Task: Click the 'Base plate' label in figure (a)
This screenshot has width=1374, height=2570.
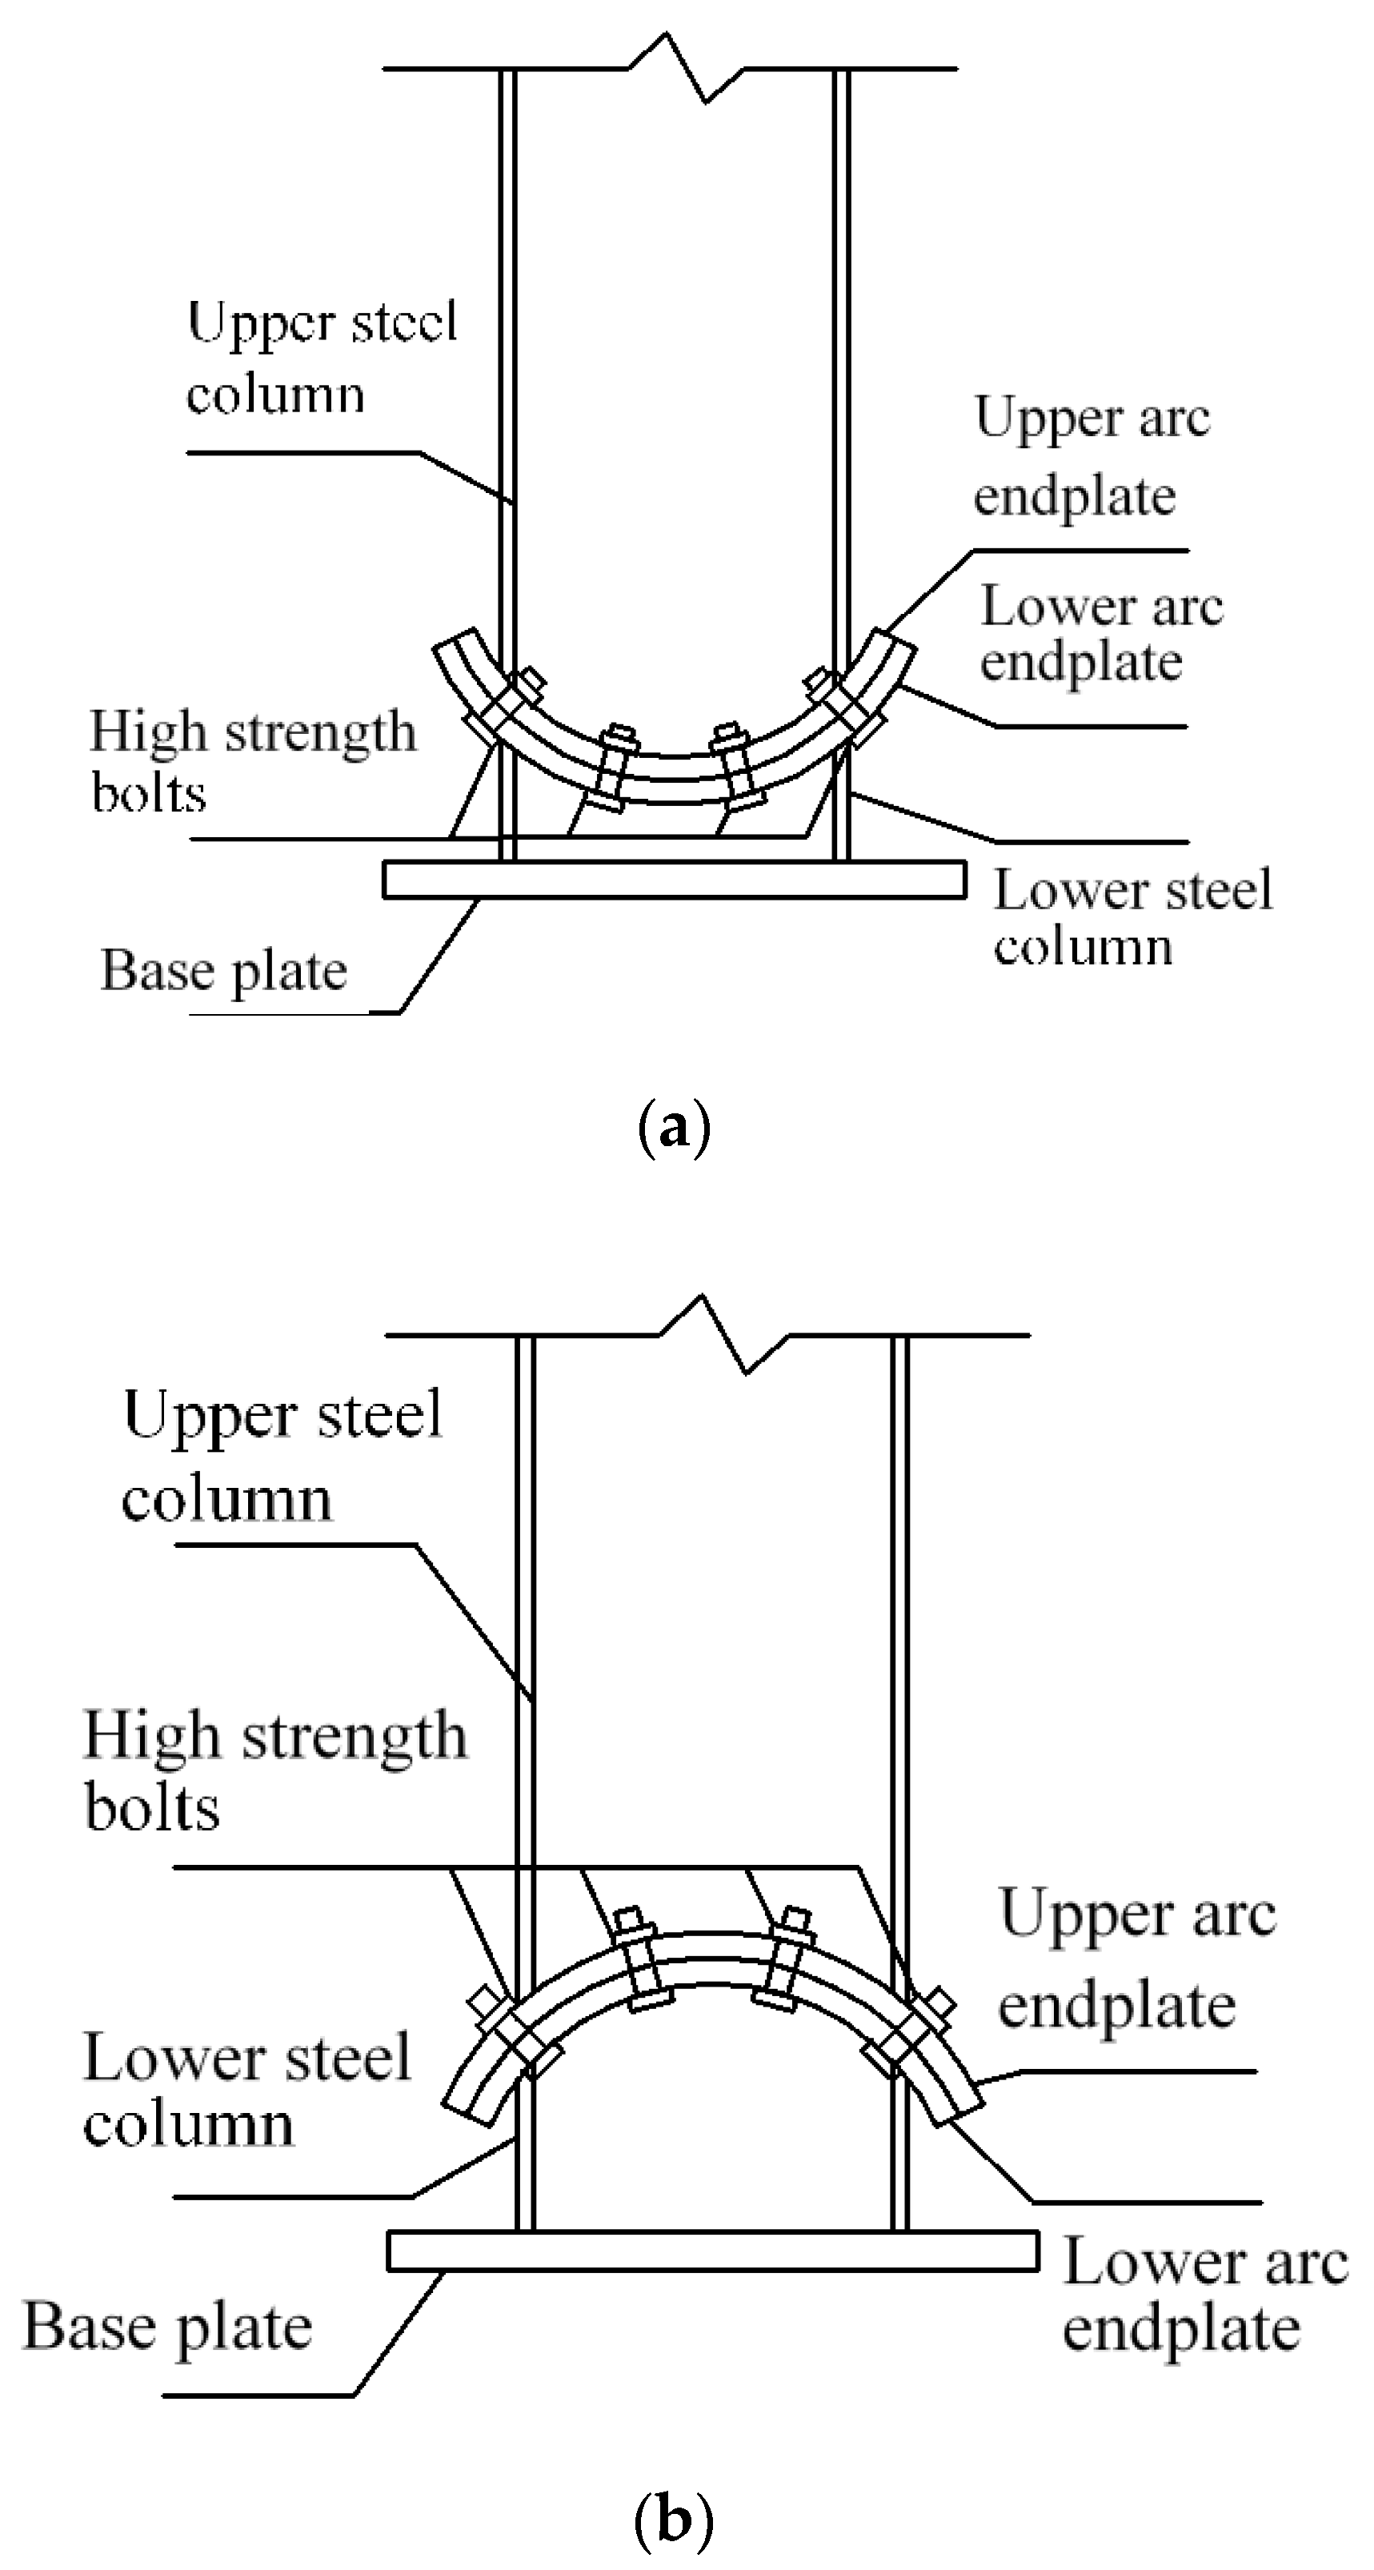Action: pos(223,971)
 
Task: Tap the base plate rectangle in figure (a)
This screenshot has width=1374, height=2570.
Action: pos(675,880)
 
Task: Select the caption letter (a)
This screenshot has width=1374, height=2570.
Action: pos(674,1129)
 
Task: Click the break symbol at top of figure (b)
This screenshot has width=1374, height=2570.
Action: pos(724,1335)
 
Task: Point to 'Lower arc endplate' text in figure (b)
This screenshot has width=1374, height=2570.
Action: pos(1204,2295)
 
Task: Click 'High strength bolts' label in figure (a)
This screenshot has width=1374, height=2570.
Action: pos(251,761)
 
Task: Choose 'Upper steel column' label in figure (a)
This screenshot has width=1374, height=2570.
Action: pos(322,357)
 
